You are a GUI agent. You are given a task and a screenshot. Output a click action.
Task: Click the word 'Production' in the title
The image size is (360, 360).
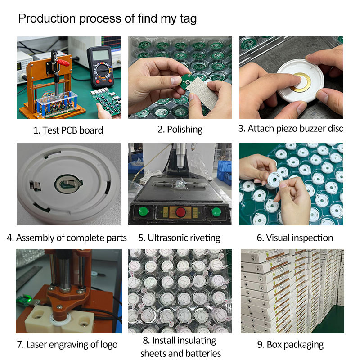click(x=47, y=18)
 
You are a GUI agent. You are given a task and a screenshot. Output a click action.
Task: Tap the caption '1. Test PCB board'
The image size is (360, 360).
click(x=68, y=130)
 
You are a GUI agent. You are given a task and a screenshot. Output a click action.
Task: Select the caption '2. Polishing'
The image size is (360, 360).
click(x=180, y=130)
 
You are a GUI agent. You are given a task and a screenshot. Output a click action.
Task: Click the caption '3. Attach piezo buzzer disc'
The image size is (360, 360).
click(x=291, y=129)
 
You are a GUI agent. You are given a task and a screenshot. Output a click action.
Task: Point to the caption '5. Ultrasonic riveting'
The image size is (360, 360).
click(x=179, y=238)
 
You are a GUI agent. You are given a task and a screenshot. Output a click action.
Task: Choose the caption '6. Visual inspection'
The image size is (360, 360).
click(x=295, y=238)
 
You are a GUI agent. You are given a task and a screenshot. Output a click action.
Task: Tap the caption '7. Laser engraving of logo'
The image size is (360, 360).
click(x=67, y=345)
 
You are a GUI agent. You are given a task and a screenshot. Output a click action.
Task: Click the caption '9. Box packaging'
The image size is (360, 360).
click(x=290, y=345)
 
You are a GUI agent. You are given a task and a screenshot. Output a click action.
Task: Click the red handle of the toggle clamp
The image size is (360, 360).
click(x=63, y=63)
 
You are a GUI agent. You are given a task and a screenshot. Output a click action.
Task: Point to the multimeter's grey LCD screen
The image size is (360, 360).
click(x=100, y=55)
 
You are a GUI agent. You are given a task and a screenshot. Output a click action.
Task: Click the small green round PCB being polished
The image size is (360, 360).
click(x=187, y=81)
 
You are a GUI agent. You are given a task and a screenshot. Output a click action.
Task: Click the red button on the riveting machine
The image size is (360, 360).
click(x=181, y=211)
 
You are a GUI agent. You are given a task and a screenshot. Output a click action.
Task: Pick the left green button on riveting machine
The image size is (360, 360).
click(x=144, y=211)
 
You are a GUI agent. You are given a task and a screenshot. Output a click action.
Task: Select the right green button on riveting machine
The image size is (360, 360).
click(x=216, y=211)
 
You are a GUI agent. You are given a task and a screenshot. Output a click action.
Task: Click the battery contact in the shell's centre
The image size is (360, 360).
click(x=68, y=184)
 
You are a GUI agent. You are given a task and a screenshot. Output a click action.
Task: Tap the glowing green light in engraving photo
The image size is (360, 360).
click(x=29, y=298)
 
